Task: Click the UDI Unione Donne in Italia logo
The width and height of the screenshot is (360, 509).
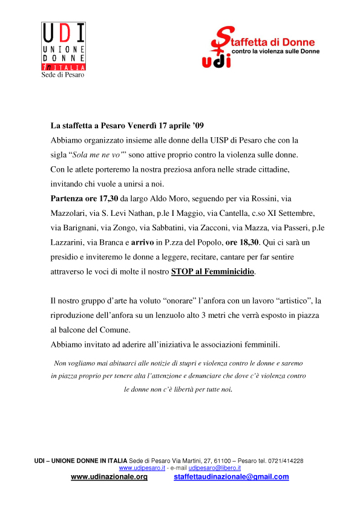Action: (63, 47)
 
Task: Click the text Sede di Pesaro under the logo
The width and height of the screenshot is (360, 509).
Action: (62, 75)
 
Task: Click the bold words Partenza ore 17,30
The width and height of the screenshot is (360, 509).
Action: (84, 198)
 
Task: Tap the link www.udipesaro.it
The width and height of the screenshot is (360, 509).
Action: (142, 468)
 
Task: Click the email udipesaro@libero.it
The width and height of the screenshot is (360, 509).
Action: (215, 468)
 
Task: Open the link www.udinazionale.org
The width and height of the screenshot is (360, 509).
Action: (109, 477)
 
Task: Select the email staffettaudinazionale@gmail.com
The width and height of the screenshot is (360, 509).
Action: (223, 477)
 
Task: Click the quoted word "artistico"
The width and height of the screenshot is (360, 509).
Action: (289, 300)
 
